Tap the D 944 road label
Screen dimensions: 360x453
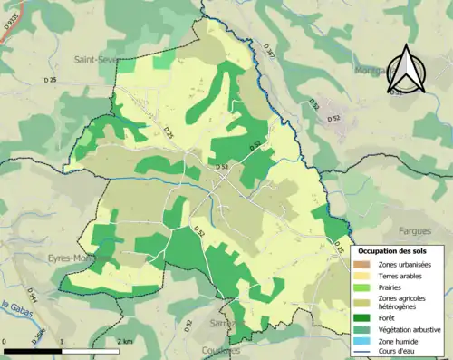point(31,295)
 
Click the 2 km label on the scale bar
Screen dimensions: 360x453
point(126,342)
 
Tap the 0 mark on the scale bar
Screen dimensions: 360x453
point(5,342)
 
